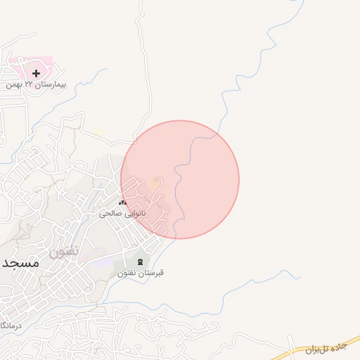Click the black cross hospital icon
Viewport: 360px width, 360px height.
pos(36,72)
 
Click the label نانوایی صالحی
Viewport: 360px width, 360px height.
pos(123,212)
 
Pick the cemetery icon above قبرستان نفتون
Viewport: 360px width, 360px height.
pos(139,262)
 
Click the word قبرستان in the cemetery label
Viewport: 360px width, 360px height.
pos(152,272)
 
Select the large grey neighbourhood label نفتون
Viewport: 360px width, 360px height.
pos(64,250)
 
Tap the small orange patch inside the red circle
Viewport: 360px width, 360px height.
pos(154,185)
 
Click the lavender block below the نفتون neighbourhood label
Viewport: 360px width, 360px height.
pos(101,262)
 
